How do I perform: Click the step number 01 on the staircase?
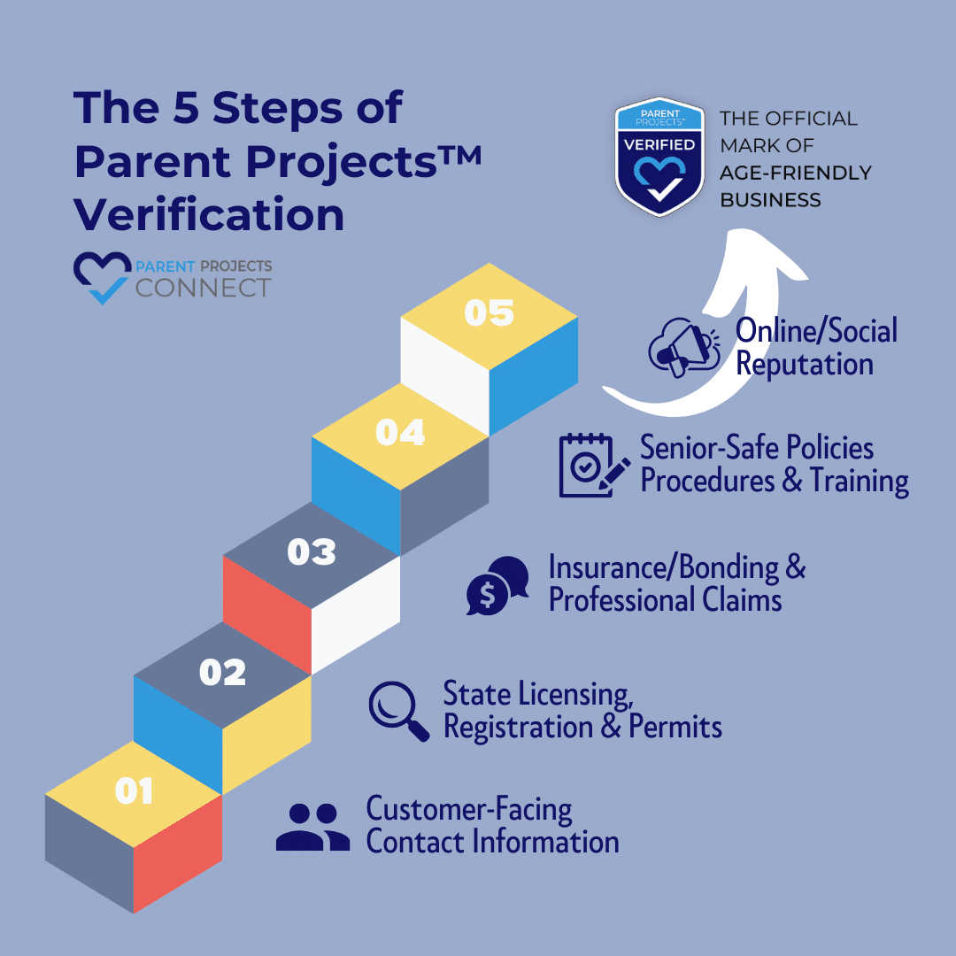tap(135, 790)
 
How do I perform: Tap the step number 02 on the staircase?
tap(222, 672)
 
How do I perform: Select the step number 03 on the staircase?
tap(312, 551)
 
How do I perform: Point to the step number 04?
tap(400, 432)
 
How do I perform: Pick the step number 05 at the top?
tap(489, 312)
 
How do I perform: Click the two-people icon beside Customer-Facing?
tap(312, 827)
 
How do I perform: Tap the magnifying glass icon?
tap(398, 711)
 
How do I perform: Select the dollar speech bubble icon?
tap(497, 585)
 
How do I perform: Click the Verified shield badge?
tap(659, 157)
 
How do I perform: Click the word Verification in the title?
tap(209, 214)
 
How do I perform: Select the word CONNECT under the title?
tap(204, 288)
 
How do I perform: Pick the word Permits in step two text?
tap(675, 726)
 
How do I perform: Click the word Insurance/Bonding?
tap(663, 567)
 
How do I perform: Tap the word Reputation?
tap(805, 365)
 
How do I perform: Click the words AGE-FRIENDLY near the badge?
tap(796, 173)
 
